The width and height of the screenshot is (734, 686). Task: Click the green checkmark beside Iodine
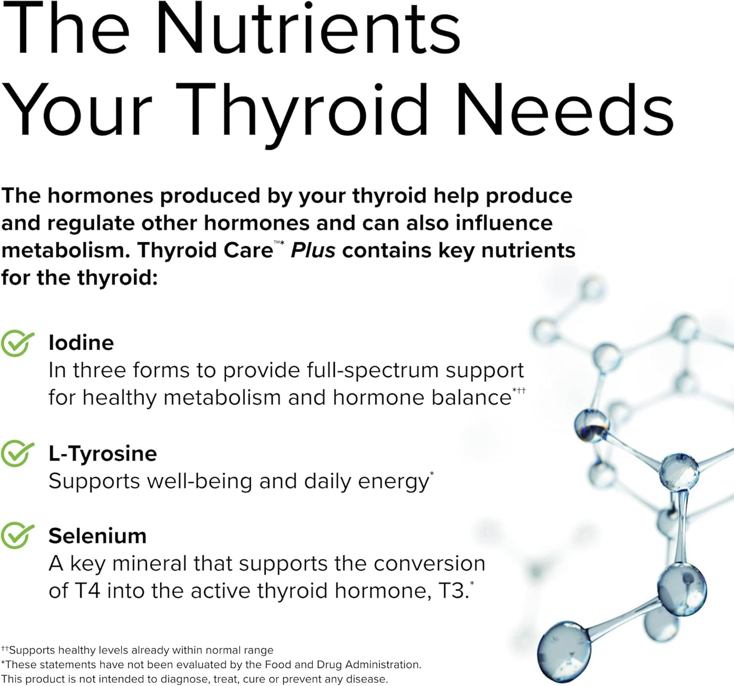tap(17, 343)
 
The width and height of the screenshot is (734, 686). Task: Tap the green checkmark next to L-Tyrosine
tap(17, 453)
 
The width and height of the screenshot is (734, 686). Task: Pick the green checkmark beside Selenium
tap(17, 536)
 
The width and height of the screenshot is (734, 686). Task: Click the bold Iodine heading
tap(81, 343)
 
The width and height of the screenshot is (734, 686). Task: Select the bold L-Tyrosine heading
tap(103, 453)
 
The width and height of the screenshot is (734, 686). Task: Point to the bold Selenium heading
tap(98, 536)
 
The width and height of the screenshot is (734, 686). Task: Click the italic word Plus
tap(313, 250)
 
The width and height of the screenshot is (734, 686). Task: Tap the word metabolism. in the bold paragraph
tap(66, 250)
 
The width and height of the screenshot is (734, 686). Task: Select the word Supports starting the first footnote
tap(32, 650)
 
